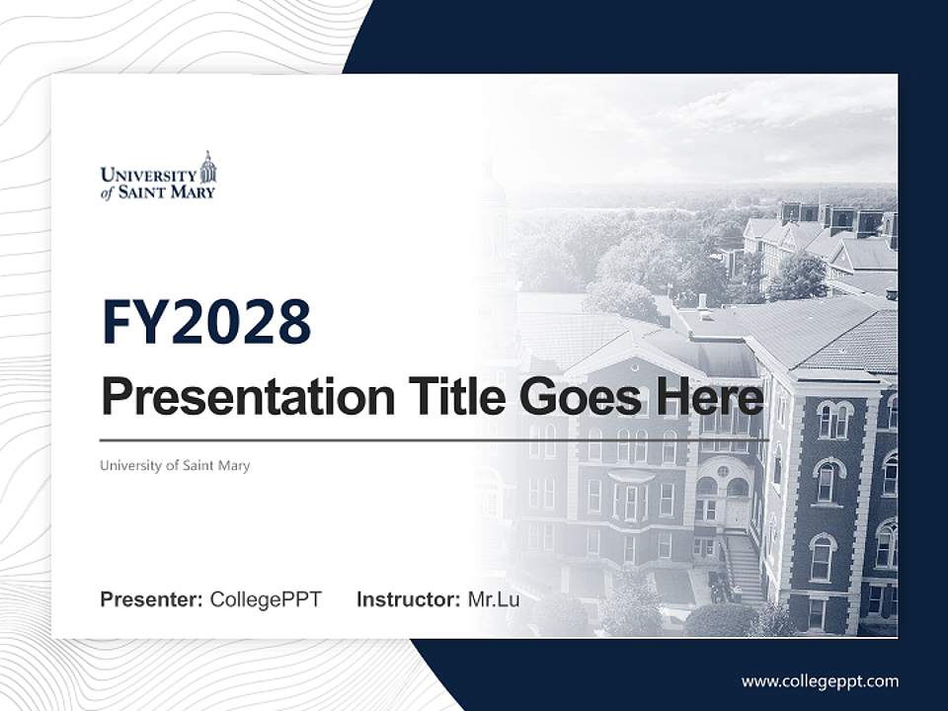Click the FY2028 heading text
[x=206, y=322]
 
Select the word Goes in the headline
[x=573, y=397]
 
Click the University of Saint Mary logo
[x=158, y=178]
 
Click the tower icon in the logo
[x=207, y=167]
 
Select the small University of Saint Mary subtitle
[x=175, y=465]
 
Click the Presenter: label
[x=152, y=599]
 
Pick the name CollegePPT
[x=266, y=599]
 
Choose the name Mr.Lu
[x=494, y=599]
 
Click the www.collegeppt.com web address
[x=820, y=680]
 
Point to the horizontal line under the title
[x=434, y=439]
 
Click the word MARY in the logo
[x=192, y=192]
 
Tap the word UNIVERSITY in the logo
[x=148, y=175]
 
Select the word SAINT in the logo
[x=142, y=192]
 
